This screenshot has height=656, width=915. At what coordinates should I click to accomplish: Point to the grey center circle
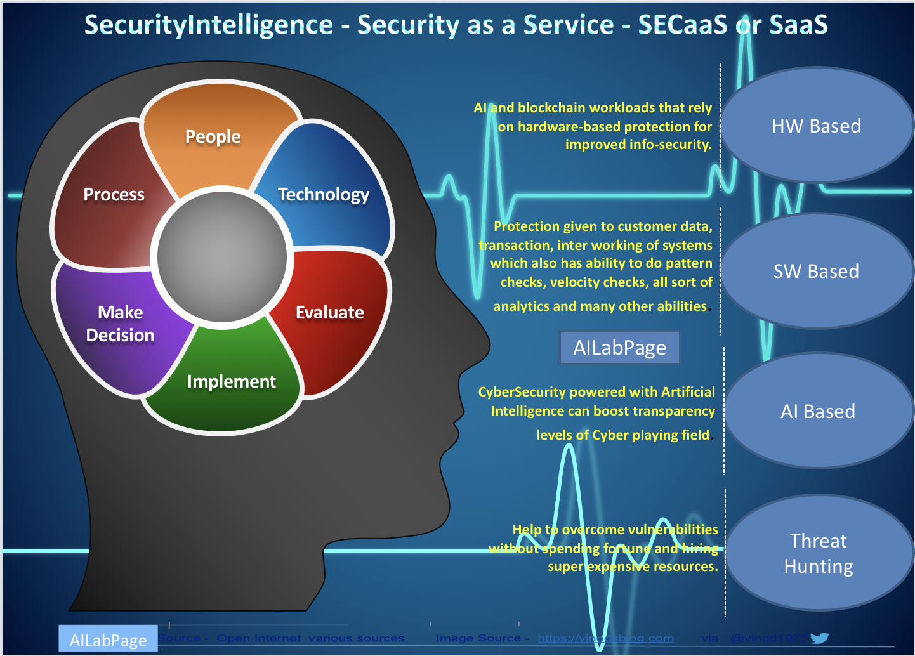222,254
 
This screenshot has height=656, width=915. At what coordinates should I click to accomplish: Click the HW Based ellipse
816,126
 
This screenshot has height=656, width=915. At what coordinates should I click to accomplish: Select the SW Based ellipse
816,272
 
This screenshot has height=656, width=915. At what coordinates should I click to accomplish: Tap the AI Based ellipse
818,412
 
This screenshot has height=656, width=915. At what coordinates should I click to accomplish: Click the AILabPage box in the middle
619,348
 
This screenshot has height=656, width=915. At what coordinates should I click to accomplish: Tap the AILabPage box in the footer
108,640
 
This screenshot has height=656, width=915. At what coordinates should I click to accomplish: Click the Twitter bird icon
819,638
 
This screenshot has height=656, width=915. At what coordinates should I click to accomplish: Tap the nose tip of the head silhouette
489,346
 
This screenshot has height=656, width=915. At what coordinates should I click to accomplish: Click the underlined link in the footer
605,638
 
